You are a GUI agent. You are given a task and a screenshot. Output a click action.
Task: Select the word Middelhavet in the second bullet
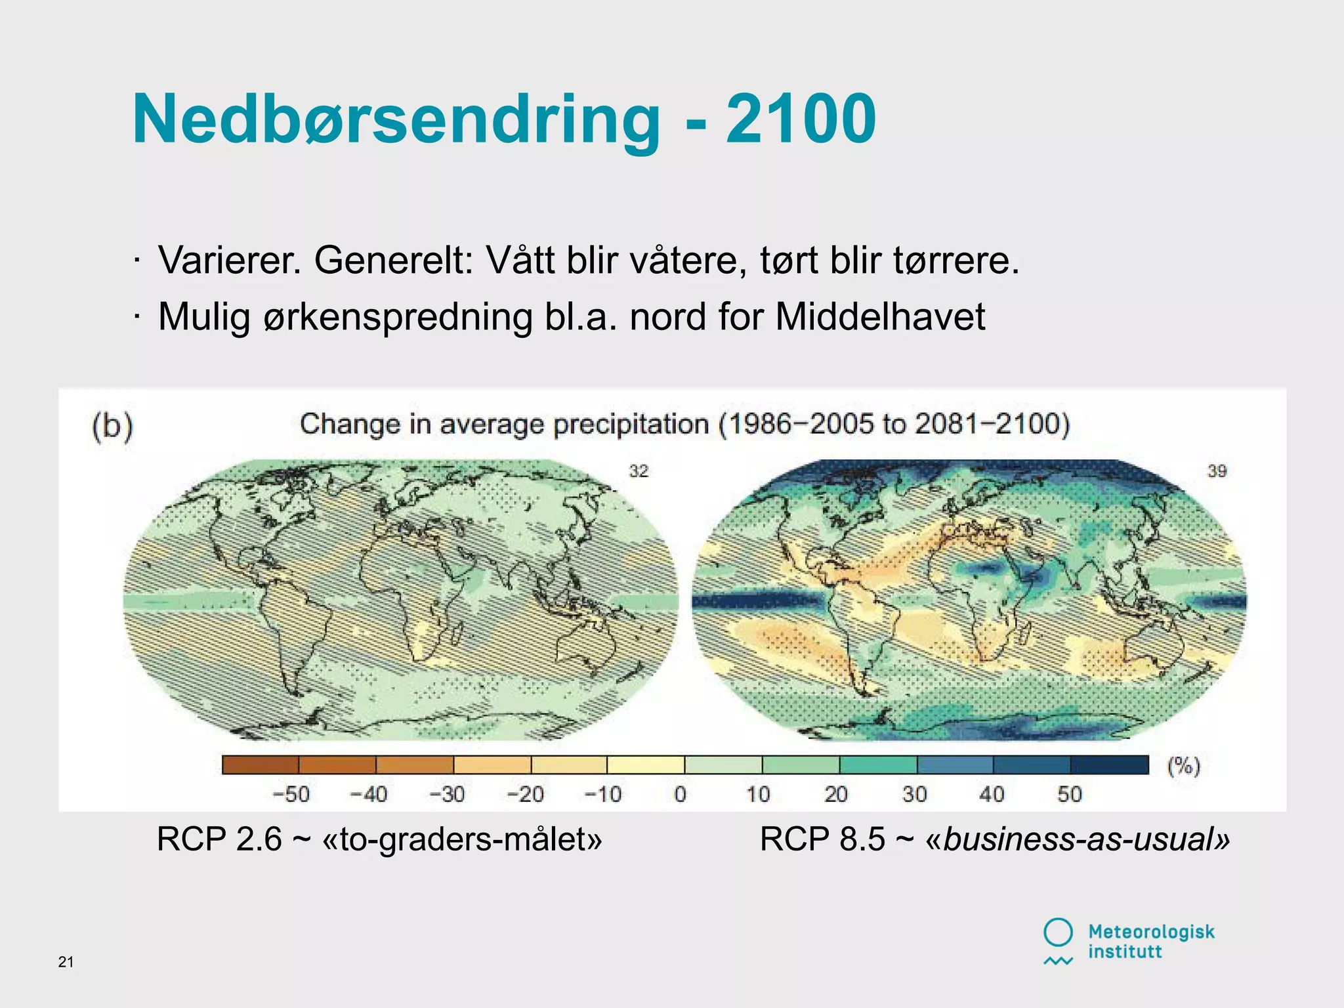tap(880, 317)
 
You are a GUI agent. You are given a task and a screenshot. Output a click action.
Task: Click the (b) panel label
tap(112, 426)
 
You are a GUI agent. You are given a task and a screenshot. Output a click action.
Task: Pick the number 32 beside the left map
tap(639, 471)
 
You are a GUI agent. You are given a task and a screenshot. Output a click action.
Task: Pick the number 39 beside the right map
tap(1217, 471)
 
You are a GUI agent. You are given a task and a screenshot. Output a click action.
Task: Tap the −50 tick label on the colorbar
tap(291, 795)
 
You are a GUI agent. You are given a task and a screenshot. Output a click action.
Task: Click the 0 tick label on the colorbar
tap(681, 795)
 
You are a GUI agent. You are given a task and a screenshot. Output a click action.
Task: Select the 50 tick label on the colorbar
tap(1069, 795)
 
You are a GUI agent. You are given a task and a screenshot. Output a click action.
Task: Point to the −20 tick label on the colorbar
tap(525, 795)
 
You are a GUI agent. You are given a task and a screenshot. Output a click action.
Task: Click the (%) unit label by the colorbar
tap(1183, 766)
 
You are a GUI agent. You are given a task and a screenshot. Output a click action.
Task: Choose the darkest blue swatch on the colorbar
tap(1110, 765)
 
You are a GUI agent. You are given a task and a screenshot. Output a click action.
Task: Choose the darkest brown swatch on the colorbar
tap(261, 765)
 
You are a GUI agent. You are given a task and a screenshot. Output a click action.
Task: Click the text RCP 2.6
tap(219, 839)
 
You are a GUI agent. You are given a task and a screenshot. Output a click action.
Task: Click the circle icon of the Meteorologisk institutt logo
tap(1058, 932)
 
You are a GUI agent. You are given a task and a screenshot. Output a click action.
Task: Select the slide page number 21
tap(66, 962)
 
